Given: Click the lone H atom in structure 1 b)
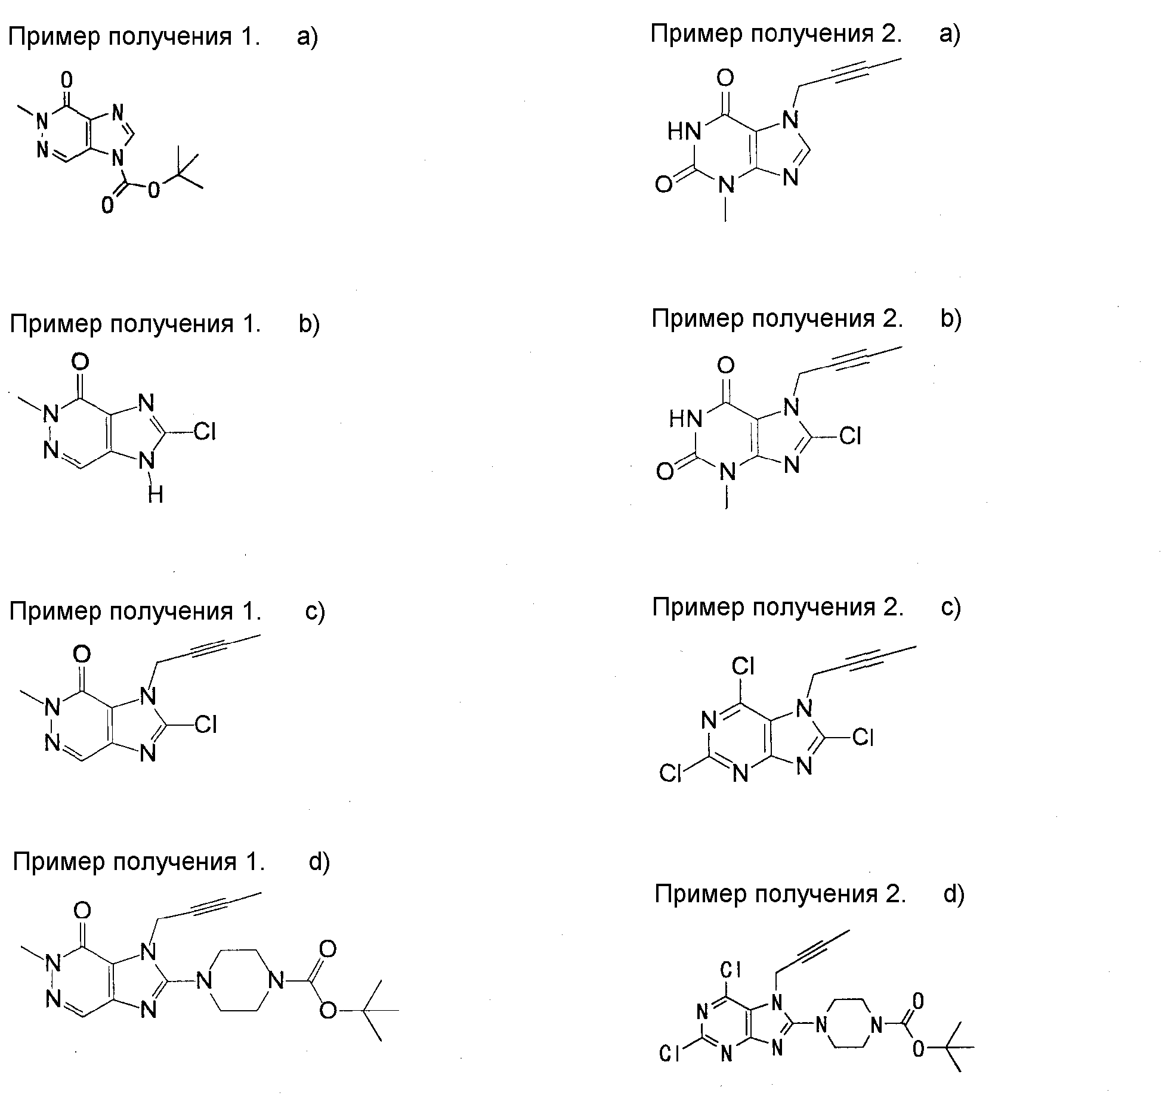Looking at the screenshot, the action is [x=156, y=494].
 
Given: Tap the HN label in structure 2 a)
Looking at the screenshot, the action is [x=684, y=131].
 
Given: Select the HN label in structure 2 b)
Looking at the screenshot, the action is [x=685, y=419].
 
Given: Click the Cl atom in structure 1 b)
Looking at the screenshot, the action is [x=205, y=431].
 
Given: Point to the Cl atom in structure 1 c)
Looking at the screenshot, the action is [x=206, y=725].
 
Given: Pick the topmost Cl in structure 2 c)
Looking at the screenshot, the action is [x=743, y=666].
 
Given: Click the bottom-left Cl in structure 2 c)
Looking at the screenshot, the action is [x=670, y=773].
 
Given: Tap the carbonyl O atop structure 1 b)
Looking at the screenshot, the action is [x=80, y=362].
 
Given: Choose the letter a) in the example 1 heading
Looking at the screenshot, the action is [x=308, y=37].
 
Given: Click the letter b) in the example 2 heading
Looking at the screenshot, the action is [x=951, y=318].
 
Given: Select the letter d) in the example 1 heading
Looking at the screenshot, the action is [x=319, y=862].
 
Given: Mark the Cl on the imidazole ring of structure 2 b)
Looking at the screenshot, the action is [x=850, y=437].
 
